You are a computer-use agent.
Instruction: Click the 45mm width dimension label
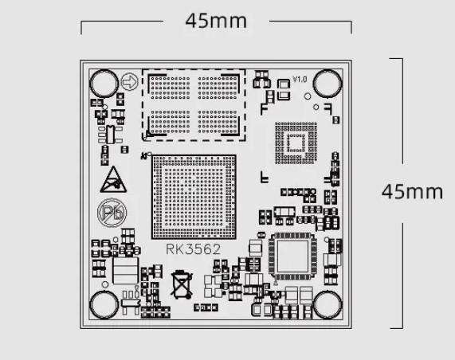coord(216,21)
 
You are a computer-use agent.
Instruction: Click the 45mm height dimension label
coord(412,192)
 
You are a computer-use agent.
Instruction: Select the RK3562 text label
coord(194,249)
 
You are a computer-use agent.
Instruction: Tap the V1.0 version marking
coord(300,79)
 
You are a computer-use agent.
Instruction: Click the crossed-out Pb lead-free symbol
coord(112,213)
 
